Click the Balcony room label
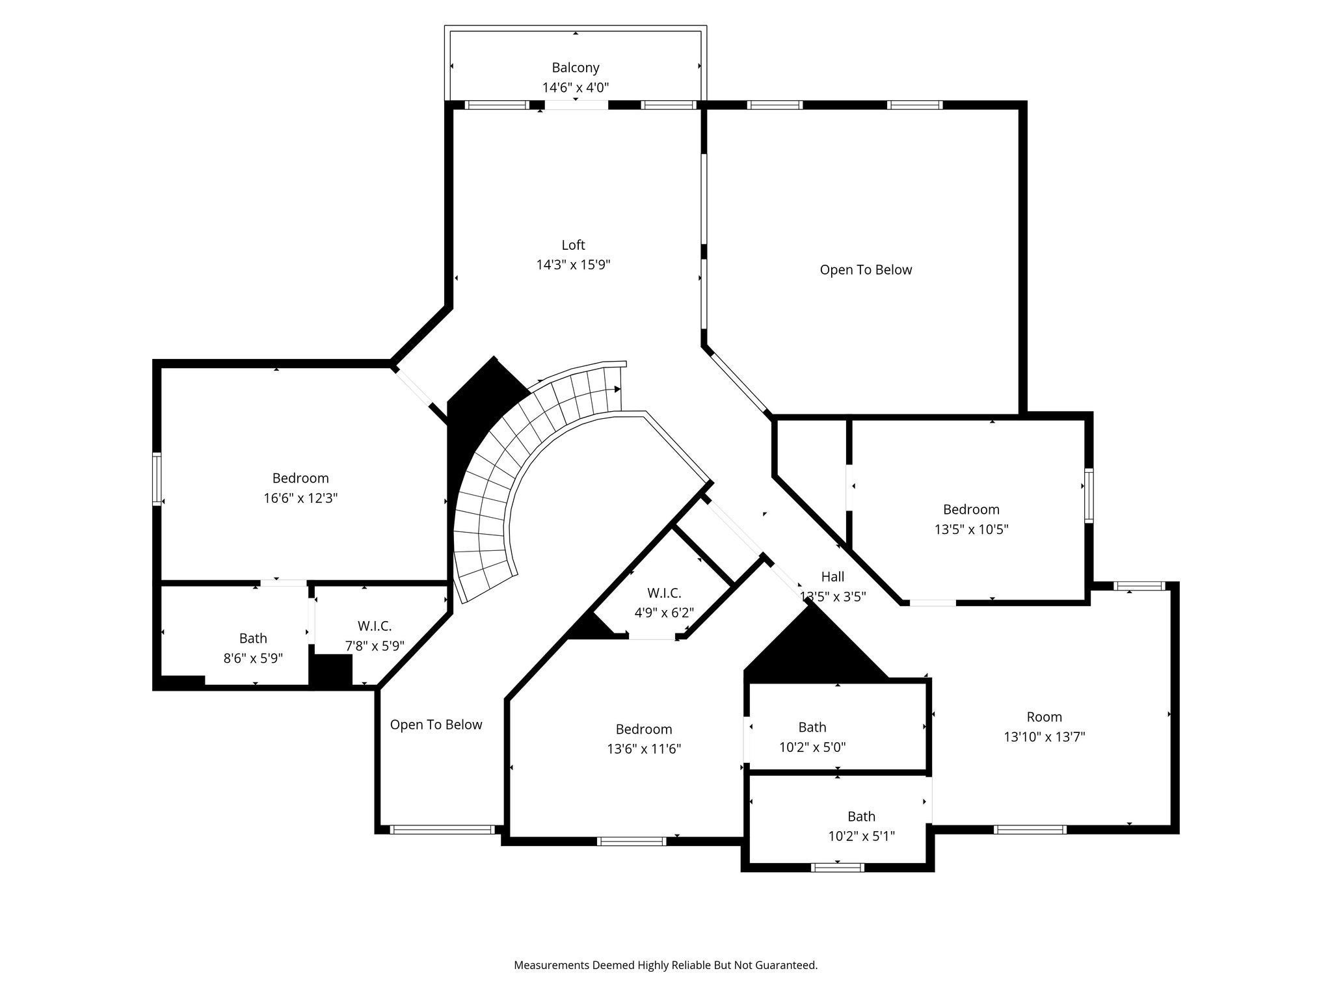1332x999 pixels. [x=575, y=68]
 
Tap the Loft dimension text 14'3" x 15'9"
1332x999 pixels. [x=573, y=265]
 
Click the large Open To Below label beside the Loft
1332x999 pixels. [x=865, y=270]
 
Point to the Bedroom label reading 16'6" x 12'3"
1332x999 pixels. [x=300, y=488]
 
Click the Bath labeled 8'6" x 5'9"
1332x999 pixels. [x=253, y=648]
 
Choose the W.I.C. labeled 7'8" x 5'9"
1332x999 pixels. [x=374, y=636]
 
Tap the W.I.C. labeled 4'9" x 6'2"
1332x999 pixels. [x=664, y=603]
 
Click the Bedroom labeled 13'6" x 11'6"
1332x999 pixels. [x=643, y=739]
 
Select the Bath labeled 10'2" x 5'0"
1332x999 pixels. [x=812, y=737]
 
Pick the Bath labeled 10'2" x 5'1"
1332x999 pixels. [x=860, y=826]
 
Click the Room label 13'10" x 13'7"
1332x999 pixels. [x=1044, y=726]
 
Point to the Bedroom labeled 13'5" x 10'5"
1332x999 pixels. [x=971, y=519]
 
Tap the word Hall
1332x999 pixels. [x=832, y=577]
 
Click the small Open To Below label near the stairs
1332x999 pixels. [x=436, y=725]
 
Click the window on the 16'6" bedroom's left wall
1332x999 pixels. [x=157, y=479]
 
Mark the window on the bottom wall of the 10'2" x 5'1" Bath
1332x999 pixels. [x=838, y=867]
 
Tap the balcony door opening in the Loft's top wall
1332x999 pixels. [x=576, y=105]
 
